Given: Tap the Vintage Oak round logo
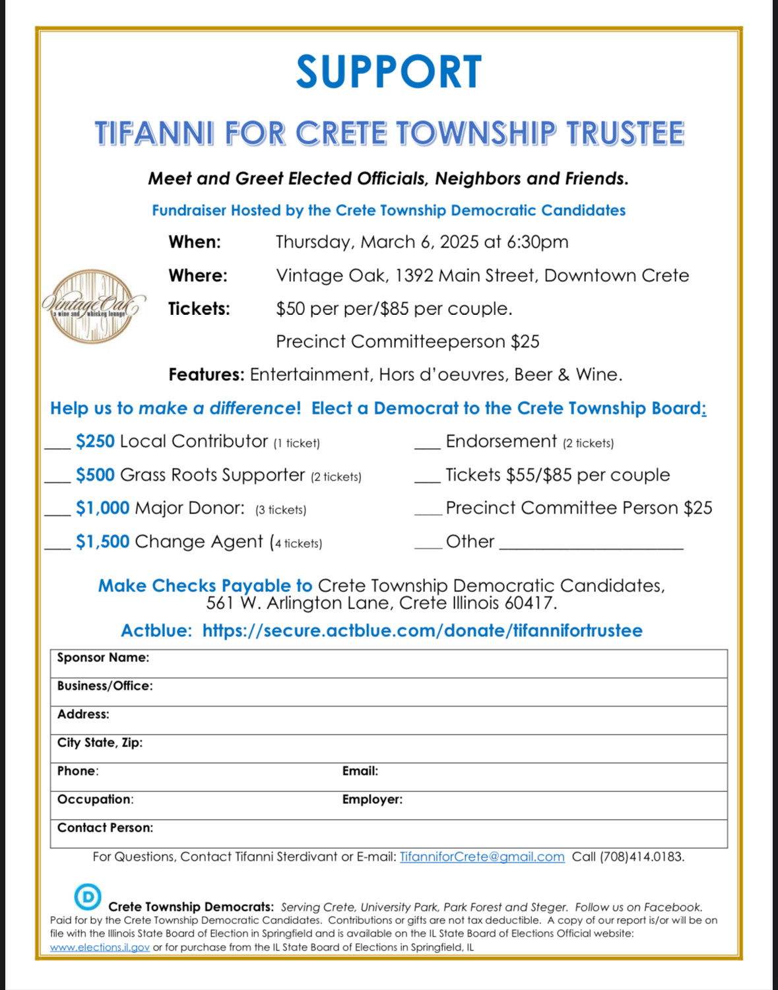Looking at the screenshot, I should (x=92, y=306).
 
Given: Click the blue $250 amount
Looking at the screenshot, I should (x=95, y=442).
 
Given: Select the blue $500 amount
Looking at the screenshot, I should (x=95, y=475).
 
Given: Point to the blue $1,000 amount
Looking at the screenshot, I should (x=102, y=508).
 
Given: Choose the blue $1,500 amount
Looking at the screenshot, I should (x=102, y=542).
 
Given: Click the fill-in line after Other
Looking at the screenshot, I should (x=591, y=546).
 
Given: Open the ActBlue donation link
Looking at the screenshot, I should (x=422, y=631).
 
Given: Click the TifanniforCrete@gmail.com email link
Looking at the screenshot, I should (x=482, y=857).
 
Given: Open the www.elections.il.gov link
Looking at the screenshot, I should (x=100, y=947).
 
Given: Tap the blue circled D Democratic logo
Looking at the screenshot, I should (x=88, y=896).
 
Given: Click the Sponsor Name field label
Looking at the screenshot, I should (x=103, y=657).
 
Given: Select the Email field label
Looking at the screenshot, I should (x=360, y=771).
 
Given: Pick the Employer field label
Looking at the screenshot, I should (x=372, y=799).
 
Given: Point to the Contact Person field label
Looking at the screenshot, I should (x=105, y=828).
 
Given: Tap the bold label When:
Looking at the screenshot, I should (x=195, y=242).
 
